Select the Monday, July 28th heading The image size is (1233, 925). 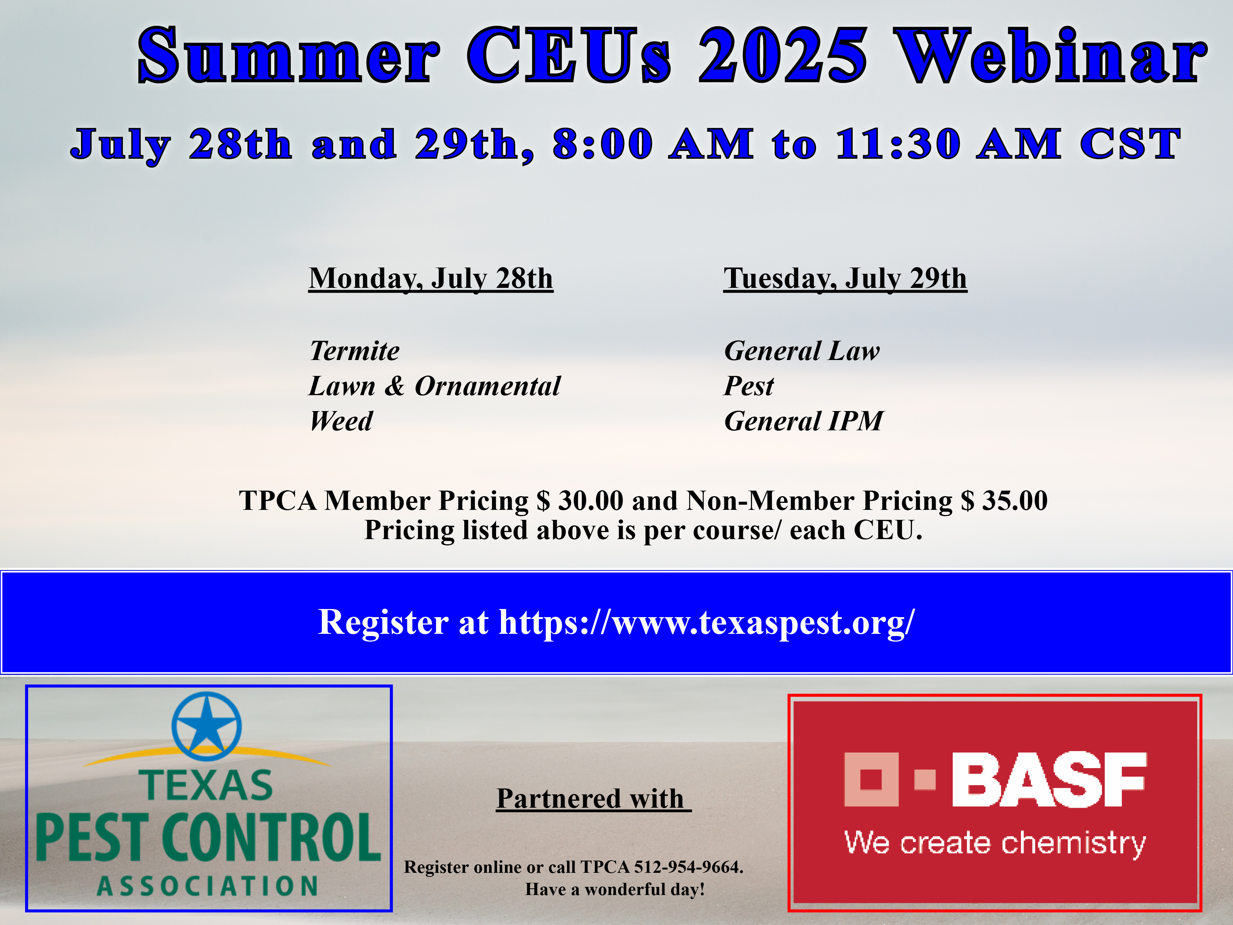[x=431, y=278]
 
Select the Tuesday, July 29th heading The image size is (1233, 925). [x=845, y=278]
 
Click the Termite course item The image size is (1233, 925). [x=354, y=351]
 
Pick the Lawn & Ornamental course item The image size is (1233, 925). [x=435, y=386]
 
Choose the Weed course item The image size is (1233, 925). [x=341, y=421]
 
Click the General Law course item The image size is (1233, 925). [x=802, y=351]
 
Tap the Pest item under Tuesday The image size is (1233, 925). [x=749, y=386]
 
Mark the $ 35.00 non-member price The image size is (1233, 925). [x=1004, y=500]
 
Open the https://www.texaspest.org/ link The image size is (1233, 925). [x=707, y=622]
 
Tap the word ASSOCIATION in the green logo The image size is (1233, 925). [x=208, y=885]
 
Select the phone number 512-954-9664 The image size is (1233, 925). [x=689, y=867]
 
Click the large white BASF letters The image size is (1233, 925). [x=1049, y=780]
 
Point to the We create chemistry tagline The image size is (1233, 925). [x=995, y=842]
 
